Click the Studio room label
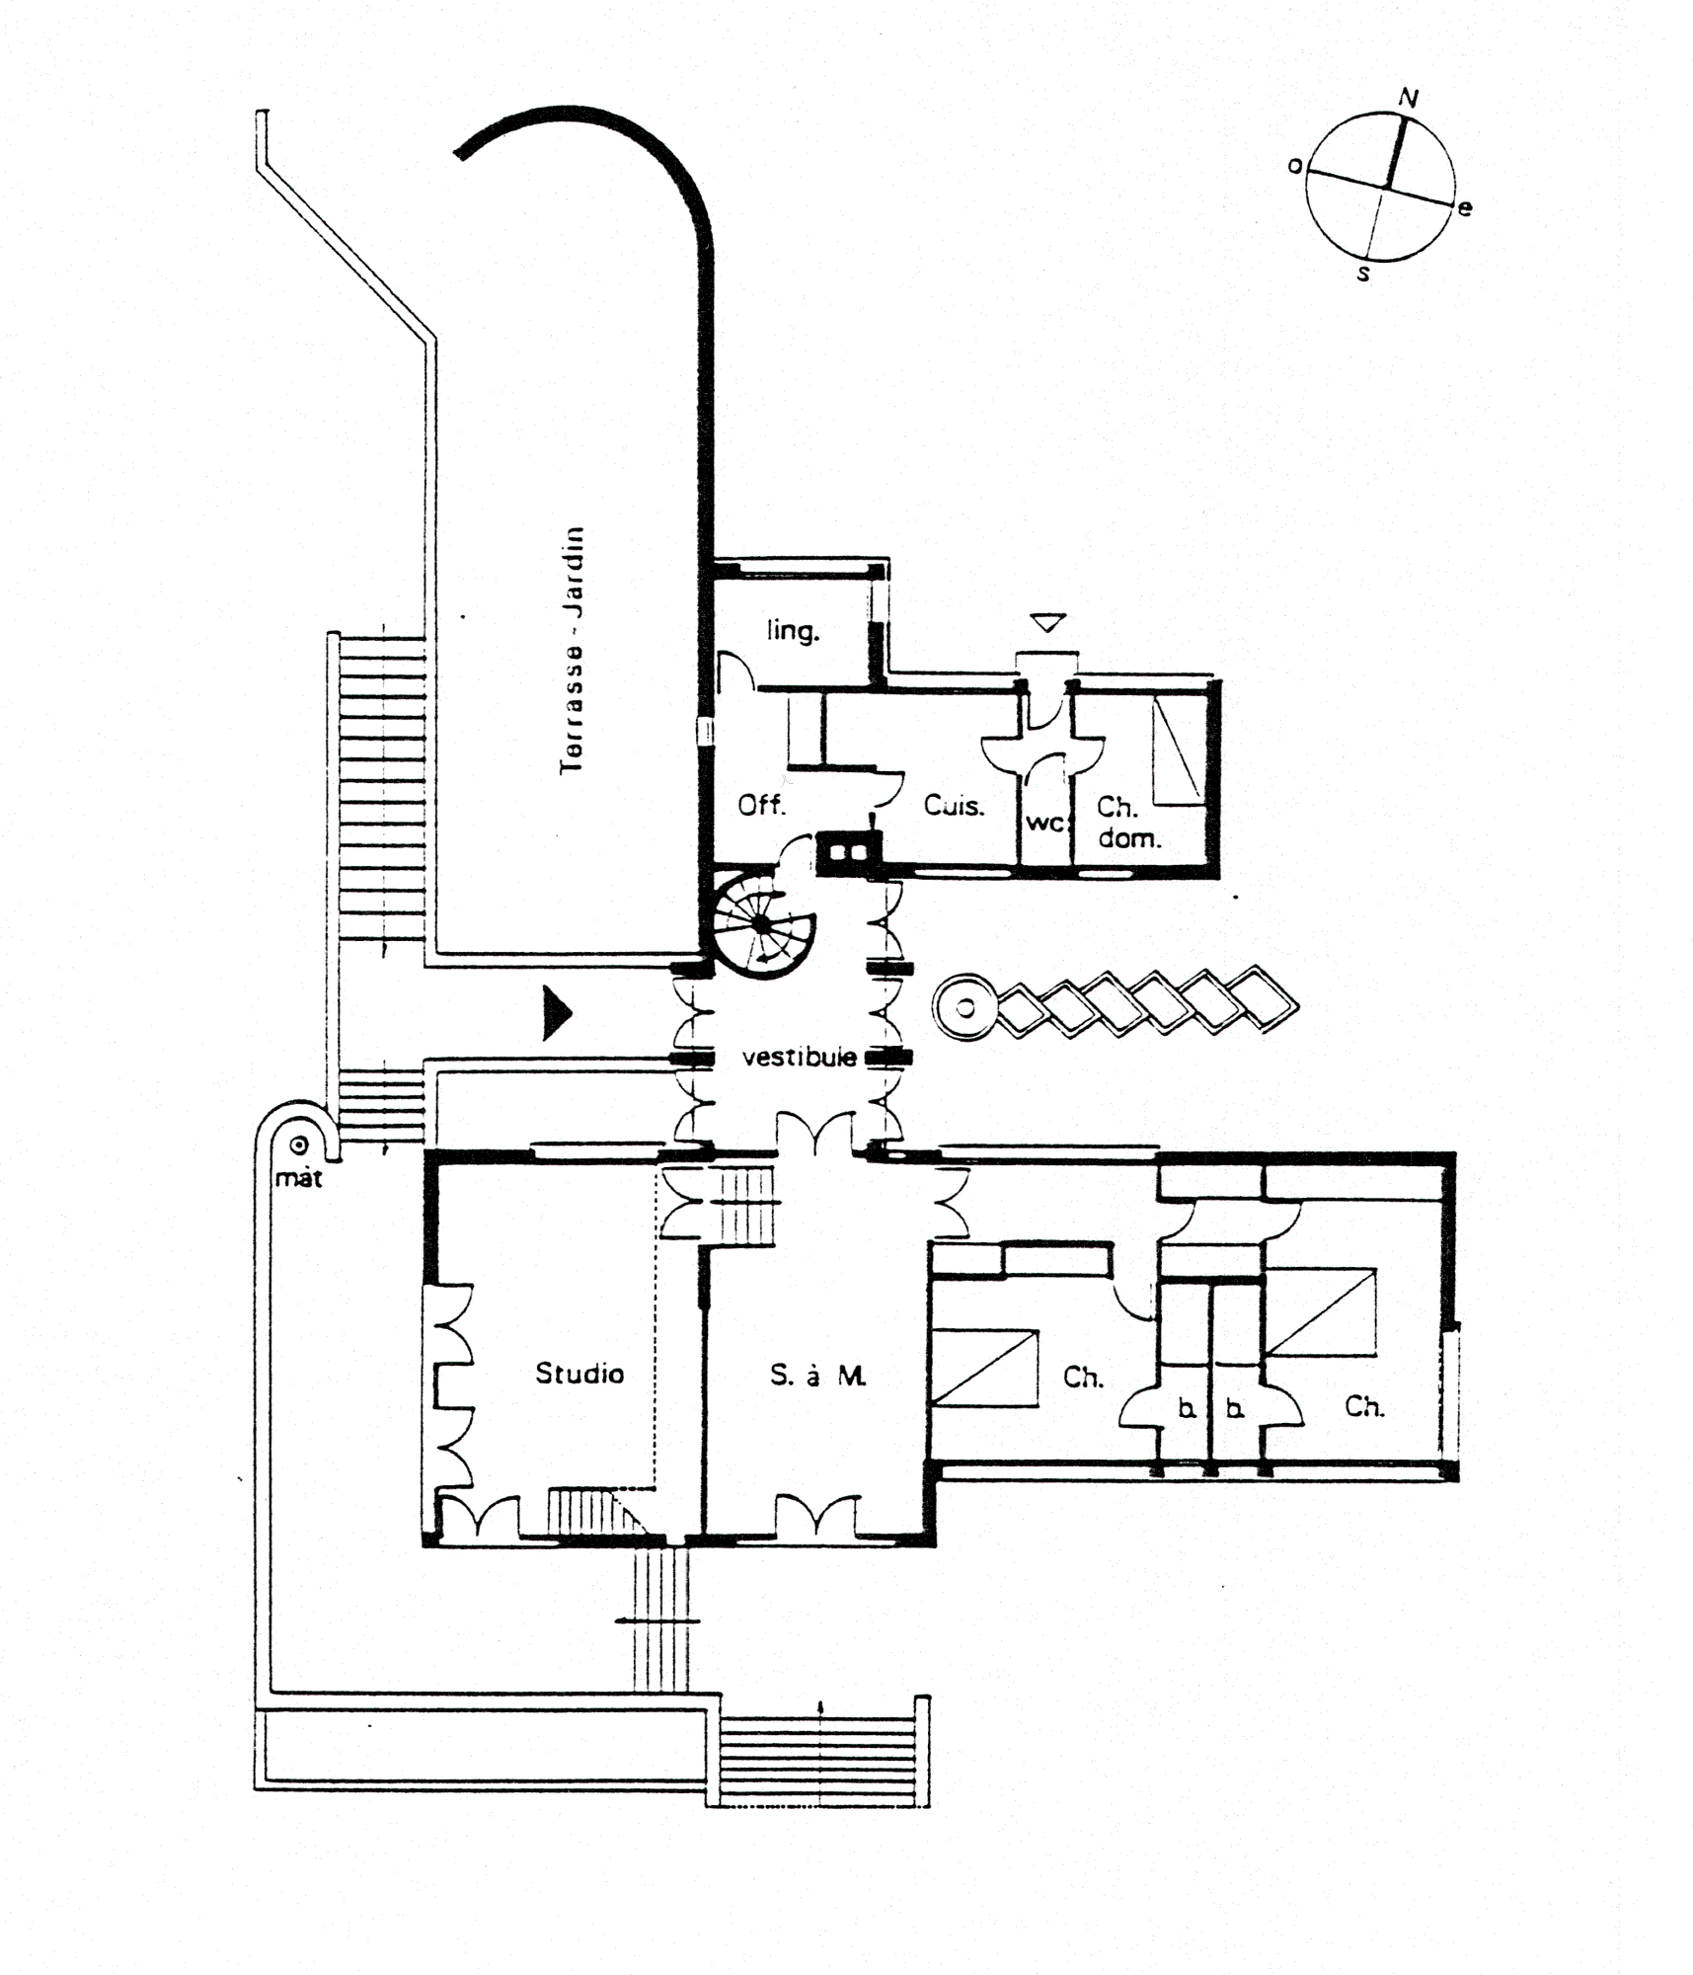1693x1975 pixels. pos(579,1373)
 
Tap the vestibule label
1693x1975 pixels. pos(799,1058)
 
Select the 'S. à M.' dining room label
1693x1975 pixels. pos(818,1375)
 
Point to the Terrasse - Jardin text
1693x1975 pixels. pos(572,651)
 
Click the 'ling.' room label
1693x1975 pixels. pos(793,630)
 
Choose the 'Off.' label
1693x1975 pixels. pos(762,805)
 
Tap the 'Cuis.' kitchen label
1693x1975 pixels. pos(954,805)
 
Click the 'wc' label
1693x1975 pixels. pos(1044,822)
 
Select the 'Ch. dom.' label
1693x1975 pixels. pos(1128,823)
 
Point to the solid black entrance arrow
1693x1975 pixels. pos(557,1012)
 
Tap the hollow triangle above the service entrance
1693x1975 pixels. pos(1047,623)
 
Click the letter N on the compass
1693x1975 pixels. pos(1409,97)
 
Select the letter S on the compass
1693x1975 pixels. pos(1363,274)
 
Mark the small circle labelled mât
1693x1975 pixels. pos(298,1145)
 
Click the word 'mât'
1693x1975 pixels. pos(298,1177)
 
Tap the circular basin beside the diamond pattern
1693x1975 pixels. pos(966,1007)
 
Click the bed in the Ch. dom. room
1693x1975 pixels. pos(1180,750)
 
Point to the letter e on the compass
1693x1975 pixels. pos(1465,207)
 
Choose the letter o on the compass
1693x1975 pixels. pos(1295,166)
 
